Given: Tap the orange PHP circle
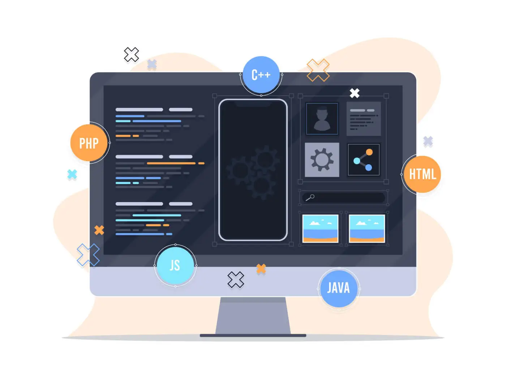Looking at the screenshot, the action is [89, 143].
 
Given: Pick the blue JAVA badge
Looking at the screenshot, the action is [338, 288].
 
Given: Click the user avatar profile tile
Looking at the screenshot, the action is [322, 118].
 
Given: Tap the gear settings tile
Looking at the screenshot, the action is [322, 159].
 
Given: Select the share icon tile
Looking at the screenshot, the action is [363, 159].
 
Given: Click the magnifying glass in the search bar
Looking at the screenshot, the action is [310, 197].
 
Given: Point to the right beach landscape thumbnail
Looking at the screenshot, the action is [366, 228].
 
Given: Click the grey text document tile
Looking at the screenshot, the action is [363, 118].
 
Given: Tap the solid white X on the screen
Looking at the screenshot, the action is [354, 93].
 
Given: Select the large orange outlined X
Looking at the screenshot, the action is [318, 70].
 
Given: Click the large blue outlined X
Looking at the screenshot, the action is [88, 254].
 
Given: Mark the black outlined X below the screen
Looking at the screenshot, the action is [235, 280].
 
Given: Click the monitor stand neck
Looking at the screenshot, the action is [253, 315].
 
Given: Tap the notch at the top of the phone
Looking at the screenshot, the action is [253, 104].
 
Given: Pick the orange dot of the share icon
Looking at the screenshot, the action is [369, 152].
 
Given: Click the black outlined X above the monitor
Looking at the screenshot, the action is [131, 55].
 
